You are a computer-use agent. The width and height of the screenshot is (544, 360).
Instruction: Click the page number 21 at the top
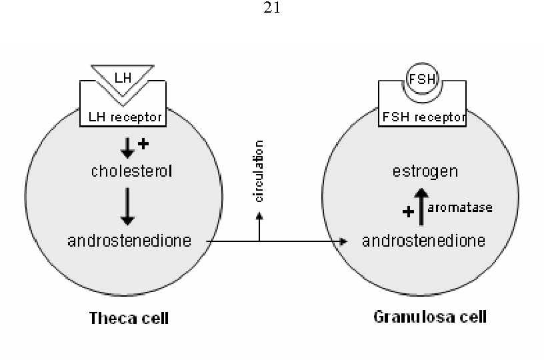coord(271,7)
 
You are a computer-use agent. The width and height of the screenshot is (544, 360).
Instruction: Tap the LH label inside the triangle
coord(123,78)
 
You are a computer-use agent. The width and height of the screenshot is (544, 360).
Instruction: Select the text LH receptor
coord(125,117)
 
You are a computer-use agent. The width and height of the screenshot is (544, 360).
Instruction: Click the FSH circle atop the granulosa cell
coord(422,79)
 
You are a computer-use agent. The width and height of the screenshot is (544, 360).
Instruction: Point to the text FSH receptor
coord(423,117)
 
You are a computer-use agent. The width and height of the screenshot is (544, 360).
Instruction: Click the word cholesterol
coord(131,171)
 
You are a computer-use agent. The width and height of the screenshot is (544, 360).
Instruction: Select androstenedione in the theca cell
coord(129,241)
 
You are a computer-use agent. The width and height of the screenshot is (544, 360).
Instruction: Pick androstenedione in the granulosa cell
coord(423,241)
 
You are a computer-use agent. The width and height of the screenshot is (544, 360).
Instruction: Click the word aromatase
coord(460,208)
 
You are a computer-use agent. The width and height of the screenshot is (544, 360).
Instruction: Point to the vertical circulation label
coord(259,171)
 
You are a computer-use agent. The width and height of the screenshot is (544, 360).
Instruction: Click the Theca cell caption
coord(129,318)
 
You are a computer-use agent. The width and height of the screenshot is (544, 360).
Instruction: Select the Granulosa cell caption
coord(430,317)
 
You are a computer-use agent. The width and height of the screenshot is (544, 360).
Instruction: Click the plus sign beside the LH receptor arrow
coord(143,143)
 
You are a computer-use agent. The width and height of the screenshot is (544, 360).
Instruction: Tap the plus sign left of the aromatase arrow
coord(409,211)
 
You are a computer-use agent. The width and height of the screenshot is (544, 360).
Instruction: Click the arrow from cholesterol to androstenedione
coord(127,207)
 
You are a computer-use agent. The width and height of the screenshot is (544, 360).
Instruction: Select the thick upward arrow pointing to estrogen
coord(421,207)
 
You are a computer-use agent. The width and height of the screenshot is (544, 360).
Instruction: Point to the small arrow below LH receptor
coord(127,148)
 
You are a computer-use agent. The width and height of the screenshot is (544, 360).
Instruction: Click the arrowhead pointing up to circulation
coord(259,216)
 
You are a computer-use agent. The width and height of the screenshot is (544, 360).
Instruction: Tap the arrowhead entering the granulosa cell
coord(343,241)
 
